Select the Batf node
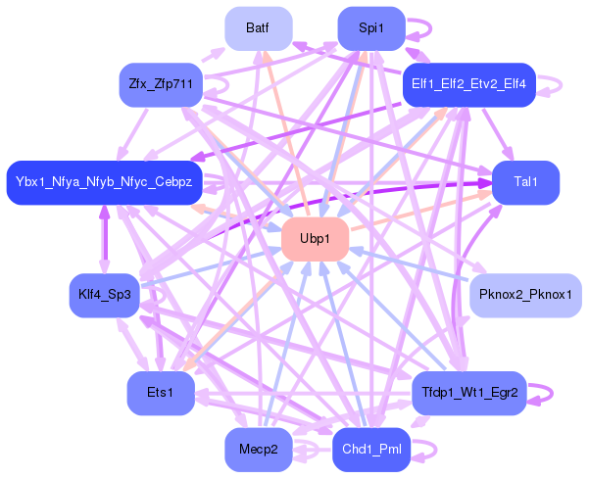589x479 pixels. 259,28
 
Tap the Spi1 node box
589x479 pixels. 371,28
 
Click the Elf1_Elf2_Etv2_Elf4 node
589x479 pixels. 468,84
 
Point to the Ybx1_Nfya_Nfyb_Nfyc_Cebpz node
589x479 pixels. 105,183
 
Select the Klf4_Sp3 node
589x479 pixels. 105,295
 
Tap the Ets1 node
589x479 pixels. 160,393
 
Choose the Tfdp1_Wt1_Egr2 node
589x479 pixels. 469,393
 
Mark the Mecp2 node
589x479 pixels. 259,450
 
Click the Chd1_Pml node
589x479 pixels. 371,450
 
